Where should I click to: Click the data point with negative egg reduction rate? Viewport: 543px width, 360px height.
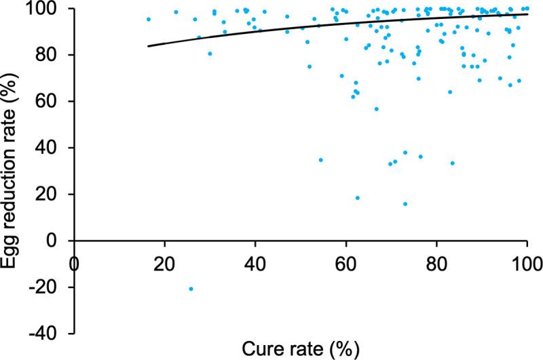pyautogui.click(x=191, y=289)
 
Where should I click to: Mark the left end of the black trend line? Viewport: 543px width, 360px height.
pyautogui.click(x=148, y=46)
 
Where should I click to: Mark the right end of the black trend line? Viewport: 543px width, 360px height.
pyautogui.click(x=527, y=14)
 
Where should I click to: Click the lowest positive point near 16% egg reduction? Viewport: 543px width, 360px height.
pyautogui.click(x=405, y=203)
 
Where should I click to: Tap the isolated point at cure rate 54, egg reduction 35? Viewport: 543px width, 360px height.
pyautogui.click(x=320, y=160)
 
